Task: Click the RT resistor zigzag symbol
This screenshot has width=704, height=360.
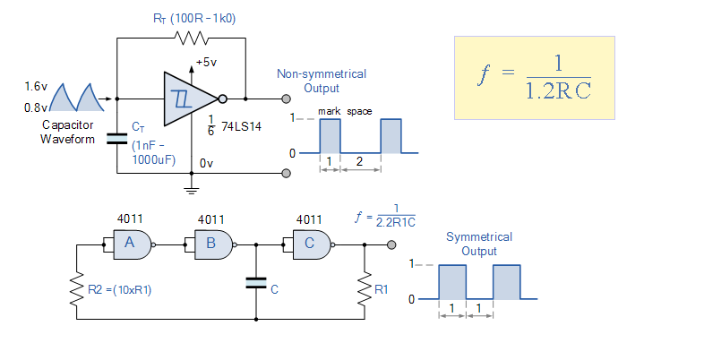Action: tap(192, 39)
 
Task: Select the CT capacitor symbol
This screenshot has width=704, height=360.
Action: tap(117, 139)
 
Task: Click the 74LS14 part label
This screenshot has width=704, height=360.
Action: tap(241, 127)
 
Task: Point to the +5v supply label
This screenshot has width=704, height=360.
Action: tap(207, 63)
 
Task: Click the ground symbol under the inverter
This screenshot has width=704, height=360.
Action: tap(192, 190)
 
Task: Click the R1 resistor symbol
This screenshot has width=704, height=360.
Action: tap(365, 288)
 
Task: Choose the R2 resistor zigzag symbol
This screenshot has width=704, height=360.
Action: tap(77, 288)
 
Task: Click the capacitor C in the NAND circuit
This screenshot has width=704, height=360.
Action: tap(256, 283)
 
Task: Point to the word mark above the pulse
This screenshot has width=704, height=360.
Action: tap(329, 111)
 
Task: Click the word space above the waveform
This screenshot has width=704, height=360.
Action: tap(359, 111)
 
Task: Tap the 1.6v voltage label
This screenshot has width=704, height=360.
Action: tap(36, 86)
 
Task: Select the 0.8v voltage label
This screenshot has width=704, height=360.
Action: tap(36, 107)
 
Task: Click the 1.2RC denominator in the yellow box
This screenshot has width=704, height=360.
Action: tap(558, 90)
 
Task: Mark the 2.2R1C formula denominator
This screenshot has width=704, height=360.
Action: tap(396, 222)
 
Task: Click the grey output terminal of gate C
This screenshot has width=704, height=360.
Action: tap(391, 244)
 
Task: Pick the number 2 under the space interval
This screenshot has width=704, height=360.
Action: tap(359, 161)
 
